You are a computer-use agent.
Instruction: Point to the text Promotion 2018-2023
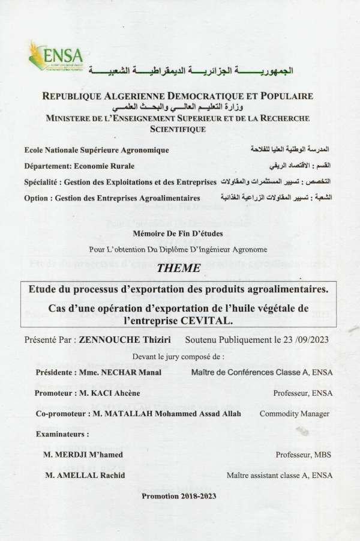coord(179,496)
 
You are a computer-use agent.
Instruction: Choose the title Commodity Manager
coord(294,414)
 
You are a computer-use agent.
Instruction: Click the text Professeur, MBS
coord(304,455)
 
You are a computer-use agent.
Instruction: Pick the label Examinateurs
coord(62,434)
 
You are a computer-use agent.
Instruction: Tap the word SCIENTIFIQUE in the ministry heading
coord(178,129)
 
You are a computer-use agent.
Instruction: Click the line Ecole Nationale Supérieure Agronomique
coord(97,150)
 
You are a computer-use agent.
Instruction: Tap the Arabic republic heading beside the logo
coord(191,71)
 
